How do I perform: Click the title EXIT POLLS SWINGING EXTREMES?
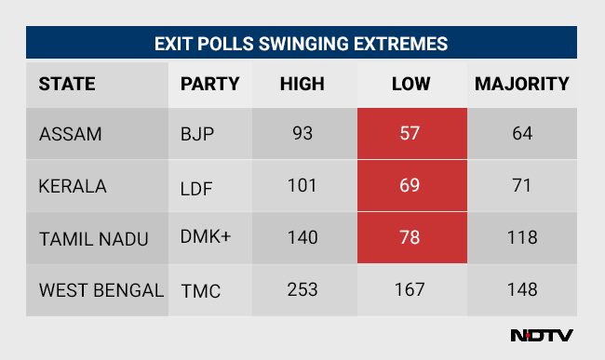[x=302, y=44]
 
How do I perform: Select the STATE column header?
[x=67, y=84]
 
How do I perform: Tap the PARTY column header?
[x=209, y=84]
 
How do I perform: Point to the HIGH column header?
[x=302, y=84]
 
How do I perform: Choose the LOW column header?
[x=410, y=84]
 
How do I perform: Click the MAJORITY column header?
[x=521, y=84]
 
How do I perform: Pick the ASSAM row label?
[x=70, y=134]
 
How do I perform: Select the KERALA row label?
[x=73, y=186]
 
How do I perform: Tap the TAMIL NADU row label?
[x=94, y=238]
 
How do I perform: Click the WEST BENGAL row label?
[x=101, y=290]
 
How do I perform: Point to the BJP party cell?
[x=197, y=134]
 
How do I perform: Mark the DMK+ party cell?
[x=206, y=238]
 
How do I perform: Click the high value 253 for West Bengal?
[x=302, y=290]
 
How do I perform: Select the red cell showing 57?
[x=410, y=134]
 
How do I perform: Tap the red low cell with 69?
[x=410, y=186]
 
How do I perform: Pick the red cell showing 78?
[x=410, y=238]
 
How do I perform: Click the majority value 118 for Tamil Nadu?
[x=521, y=238]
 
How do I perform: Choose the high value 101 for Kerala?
[x=302, y=186]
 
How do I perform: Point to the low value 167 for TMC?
[x=410, y=290]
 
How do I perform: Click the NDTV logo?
[x=542, y=336]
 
